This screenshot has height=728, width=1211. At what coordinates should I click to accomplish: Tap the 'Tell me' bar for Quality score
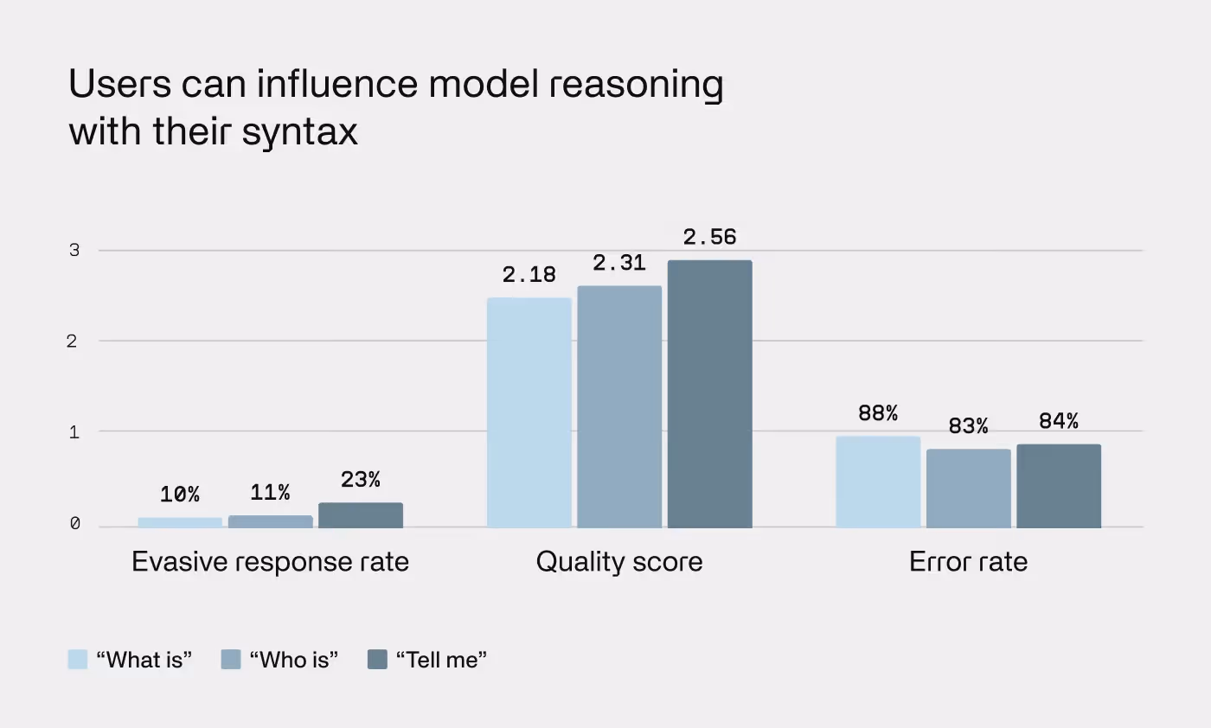click(709, 393)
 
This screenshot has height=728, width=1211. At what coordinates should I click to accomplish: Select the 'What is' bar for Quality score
click(529, 412)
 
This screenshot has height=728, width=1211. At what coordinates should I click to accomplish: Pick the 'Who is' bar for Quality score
click(619, 406)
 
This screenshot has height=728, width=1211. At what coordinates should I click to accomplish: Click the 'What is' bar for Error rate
click(878, 482)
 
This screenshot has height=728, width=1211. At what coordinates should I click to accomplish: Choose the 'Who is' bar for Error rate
click(968, 489)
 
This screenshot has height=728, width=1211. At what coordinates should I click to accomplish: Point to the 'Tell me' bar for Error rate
click(1059, 486)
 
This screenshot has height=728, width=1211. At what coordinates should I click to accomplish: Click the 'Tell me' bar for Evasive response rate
click(361, 515)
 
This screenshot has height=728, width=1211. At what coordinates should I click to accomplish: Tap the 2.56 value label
click(709, 237)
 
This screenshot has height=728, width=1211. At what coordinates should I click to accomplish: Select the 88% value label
click(878, 414)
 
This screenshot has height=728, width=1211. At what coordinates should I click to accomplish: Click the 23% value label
click(361, 480)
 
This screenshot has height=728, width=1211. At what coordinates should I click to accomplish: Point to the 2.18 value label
click(529, 275)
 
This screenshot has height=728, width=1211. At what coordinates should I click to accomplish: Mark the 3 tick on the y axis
click(74, 251)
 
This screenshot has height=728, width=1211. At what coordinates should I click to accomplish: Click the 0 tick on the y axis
click(74, 524)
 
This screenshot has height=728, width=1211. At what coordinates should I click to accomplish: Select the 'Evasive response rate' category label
click(270, 562)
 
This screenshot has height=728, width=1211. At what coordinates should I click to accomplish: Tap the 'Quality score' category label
click(619, 562)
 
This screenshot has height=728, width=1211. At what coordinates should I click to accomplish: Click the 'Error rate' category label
click(968, 562)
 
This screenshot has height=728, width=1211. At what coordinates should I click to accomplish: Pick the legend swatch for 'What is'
click(78, 660)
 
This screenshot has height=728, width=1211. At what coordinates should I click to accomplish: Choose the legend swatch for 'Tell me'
click(377, 660)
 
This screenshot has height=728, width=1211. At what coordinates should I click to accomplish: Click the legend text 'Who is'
click(293, 660)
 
